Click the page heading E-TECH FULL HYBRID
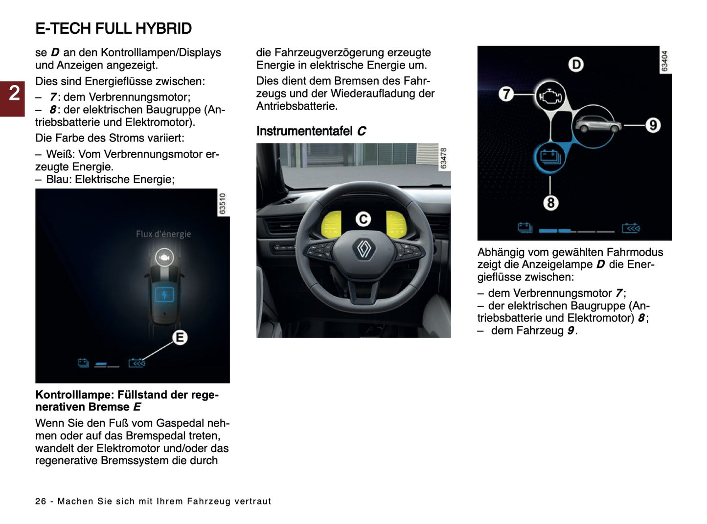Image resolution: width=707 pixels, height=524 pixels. tap(114, 28)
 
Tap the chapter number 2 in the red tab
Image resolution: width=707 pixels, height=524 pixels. tap(14, 93)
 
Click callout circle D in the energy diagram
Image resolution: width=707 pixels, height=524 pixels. tap(576, 65)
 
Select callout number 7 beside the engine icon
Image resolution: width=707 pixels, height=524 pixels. tap(506, 94)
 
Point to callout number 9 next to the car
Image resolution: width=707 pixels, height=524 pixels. tap(653, 125)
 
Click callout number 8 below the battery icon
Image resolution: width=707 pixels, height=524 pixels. tap(550, 202)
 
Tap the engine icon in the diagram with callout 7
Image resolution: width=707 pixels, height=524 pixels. tap(550, 96)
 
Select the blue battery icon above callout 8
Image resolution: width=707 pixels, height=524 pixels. tap(549, 157)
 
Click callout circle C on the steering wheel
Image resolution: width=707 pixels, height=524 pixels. tap(363, 219)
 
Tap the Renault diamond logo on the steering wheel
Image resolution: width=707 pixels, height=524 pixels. tap(364, 249)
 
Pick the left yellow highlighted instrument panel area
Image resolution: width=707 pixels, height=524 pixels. tap(331, 223)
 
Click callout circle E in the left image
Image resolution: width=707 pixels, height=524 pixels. tap(180, 337)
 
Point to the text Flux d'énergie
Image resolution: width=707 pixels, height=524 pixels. tap(163, 234)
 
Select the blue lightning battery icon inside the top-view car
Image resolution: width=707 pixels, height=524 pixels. tap(164, 295)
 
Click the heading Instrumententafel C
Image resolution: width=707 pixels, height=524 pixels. tap(311, 131)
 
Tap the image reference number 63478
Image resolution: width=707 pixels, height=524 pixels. tap(443, 158)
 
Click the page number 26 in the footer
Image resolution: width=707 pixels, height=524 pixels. tap(41, 501)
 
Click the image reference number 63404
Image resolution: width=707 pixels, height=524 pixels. tap(664, 61)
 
